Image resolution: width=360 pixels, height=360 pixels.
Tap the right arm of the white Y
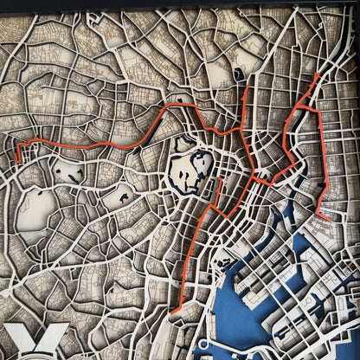(57, 332)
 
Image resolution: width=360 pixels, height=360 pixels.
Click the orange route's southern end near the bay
(173, 311)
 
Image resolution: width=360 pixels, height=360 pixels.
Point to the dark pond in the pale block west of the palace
(126, 198)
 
